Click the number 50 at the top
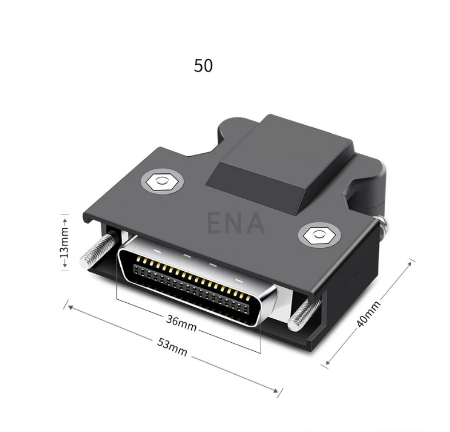coord(203,66)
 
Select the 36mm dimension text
coord(181,323)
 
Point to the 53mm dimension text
coord(173,347)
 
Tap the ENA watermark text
coord(235,223)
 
